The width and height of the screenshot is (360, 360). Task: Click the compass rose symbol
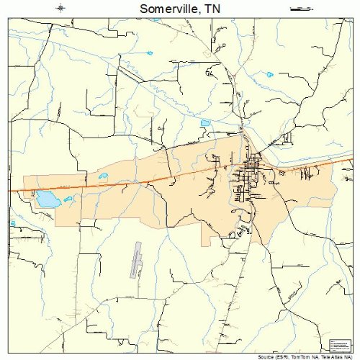pos(63,8)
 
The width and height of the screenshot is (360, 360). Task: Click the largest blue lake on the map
pos(46,199)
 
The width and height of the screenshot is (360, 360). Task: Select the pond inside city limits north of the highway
pos(102,177)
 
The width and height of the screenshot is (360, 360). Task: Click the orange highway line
pos(144,180)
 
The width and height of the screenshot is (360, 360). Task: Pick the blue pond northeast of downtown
pos(270,74)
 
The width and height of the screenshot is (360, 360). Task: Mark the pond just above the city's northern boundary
pos(204,123)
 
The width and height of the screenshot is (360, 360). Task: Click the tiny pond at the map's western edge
pos(12,224)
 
